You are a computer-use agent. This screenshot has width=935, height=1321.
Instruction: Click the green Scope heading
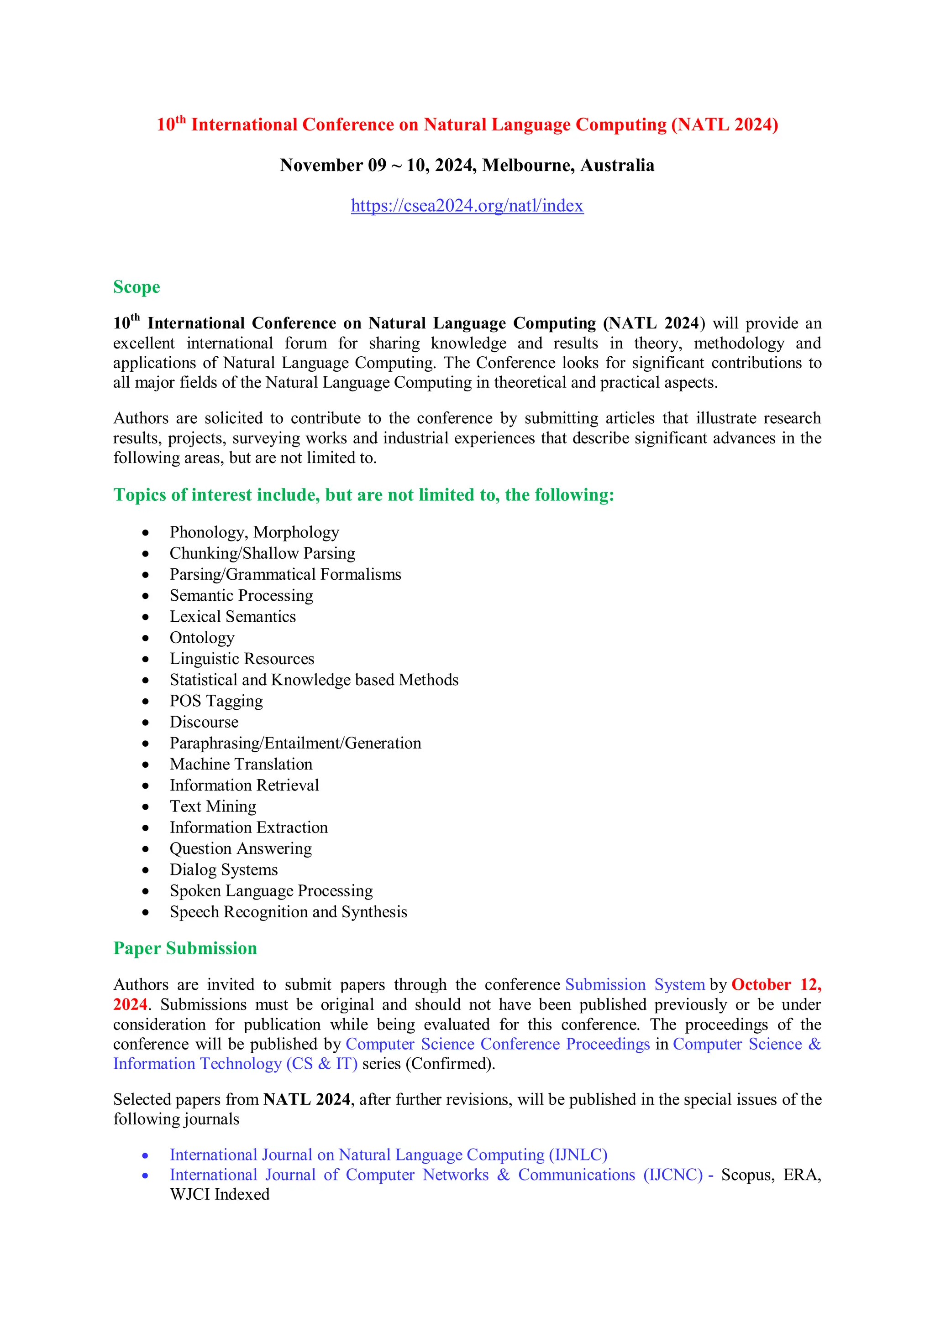pyautogui.click(x=137, y=286)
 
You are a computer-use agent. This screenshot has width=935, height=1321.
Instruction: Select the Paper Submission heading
pyautogui.click(x=185, y=948)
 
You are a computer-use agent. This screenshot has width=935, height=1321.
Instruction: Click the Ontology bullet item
pyautogui.click(x=201, y=638)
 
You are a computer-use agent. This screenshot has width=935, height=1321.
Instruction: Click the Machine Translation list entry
pyautogui.click(x=241, y=764)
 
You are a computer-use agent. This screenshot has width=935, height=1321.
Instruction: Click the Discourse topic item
pyautogui.click(x=204, y=722)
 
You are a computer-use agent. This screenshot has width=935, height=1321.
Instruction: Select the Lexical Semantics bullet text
pyautogui.click(x=232, y=616)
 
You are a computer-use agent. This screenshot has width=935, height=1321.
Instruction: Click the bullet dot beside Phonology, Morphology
pyautogui.click(x=146, y=533)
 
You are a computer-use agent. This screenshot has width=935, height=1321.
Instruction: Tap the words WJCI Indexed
pyautogui.click(x=219, y=1195)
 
